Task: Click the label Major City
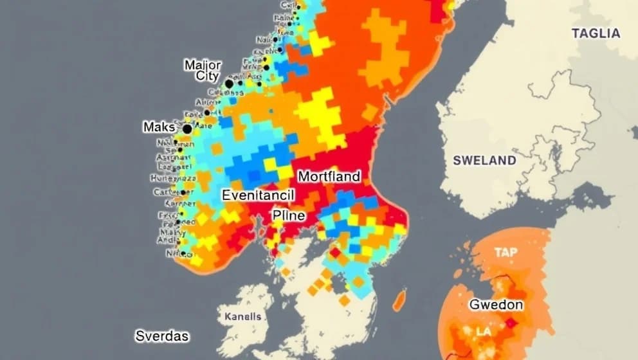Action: click(203, 70)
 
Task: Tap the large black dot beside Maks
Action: click(187, 129)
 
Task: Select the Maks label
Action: click(159, 127)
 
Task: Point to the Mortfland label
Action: click(329, 176)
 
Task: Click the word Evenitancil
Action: click(257, 195)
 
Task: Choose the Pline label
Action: click(288, 215)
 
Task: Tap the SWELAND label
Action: click(484, 160)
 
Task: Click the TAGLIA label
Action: click(596, 33)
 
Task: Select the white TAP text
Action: click(506, 253)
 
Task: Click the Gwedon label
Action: click(496, 305)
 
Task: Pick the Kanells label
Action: click(243, 316)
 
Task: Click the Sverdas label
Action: click(162, 336)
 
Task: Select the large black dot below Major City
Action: click(229, 84)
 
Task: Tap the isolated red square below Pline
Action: click(334, 253)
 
